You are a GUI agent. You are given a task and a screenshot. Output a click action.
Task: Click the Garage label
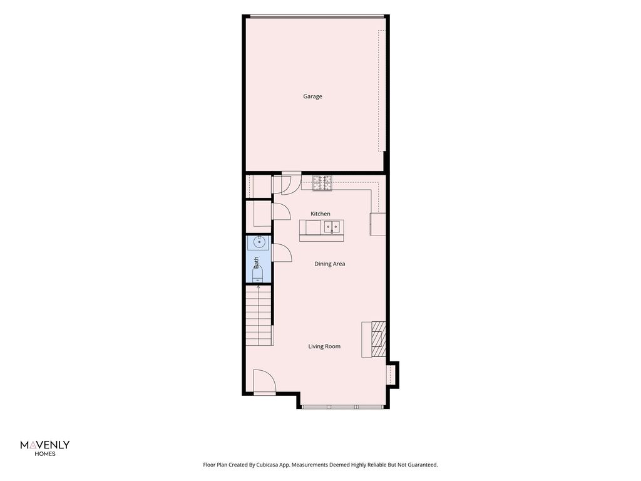[312, 96]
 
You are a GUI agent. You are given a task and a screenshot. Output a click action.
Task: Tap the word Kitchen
[320, 214]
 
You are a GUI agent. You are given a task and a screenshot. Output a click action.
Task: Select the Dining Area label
[329, 264]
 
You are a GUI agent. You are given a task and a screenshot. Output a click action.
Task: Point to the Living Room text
[324, 346]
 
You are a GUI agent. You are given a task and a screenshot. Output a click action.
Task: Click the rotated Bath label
[256, 262]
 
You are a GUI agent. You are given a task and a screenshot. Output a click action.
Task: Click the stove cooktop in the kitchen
[322, 183]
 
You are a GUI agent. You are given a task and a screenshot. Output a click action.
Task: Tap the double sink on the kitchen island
[332, 226]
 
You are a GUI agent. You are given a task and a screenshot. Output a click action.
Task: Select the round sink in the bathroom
[259, 242]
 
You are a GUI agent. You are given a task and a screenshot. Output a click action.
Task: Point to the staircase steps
[259, 316]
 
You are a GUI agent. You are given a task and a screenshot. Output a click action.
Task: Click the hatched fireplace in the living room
[379, 339]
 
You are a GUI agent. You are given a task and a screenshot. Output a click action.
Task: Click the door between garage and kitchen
[287, 183]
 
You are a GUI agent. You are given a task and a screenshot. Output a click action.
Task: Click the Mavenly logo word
[45, 445]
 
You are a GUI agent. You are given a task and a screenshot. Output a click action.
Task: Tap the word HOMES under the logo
[45, 453]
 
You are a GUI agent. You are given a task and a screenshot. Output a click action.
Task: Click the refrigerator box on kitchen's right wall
[377, 224]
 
